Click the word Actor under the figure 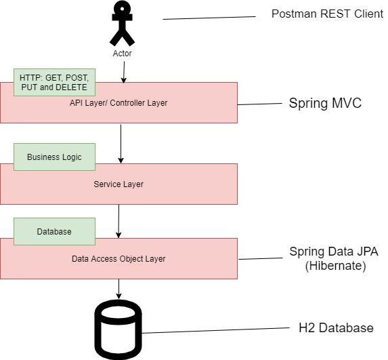point(122,53)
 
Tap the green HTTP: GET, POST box point(54,82)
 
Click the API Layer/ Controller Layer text point(118,103)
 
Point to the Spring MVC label point(325,104)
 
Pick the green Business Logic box point(54,157)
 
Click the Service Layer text point(118,184)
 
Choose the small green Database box point(54,231)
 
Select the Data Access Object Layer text point(118,258)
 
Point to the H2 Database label point(336,328)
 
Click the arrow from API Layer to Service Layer point(121,143)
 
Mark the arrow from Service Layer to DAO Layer point(118,220)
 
